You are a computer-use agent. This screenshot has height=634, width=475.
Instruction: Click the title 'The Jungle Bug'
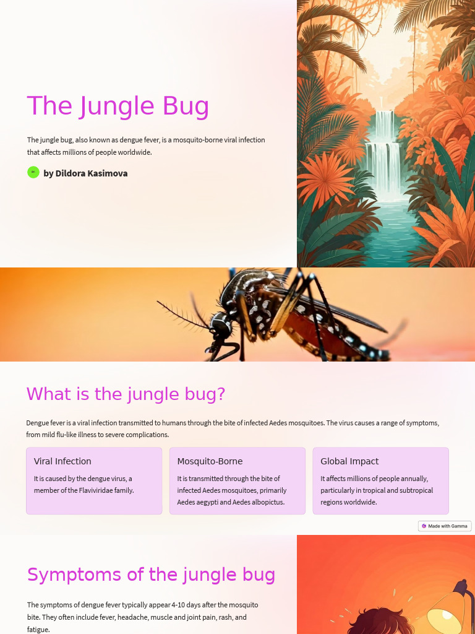118,106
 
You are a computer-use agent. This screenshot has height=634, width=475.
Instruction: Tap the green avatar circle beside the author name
33,172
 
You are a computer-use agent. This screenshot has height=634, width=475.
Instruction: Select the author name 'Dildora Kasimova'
92,173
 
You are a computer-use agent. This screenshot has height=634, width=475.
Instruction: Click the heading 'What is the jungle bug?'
126,394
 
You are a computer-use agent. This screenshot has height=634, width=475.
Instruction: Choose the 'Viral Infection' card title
62,461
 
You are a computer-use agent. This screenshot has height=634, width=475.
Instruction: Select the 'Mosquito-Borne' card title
210,461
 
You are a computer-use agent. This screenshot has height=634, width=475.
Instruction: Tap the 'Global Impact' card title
349,461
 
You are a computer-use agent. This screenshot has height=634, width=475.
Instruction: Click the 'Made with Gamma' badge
445,526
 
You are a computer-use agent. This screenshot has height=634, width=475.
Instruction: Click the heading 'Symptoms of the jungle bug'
151,575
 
